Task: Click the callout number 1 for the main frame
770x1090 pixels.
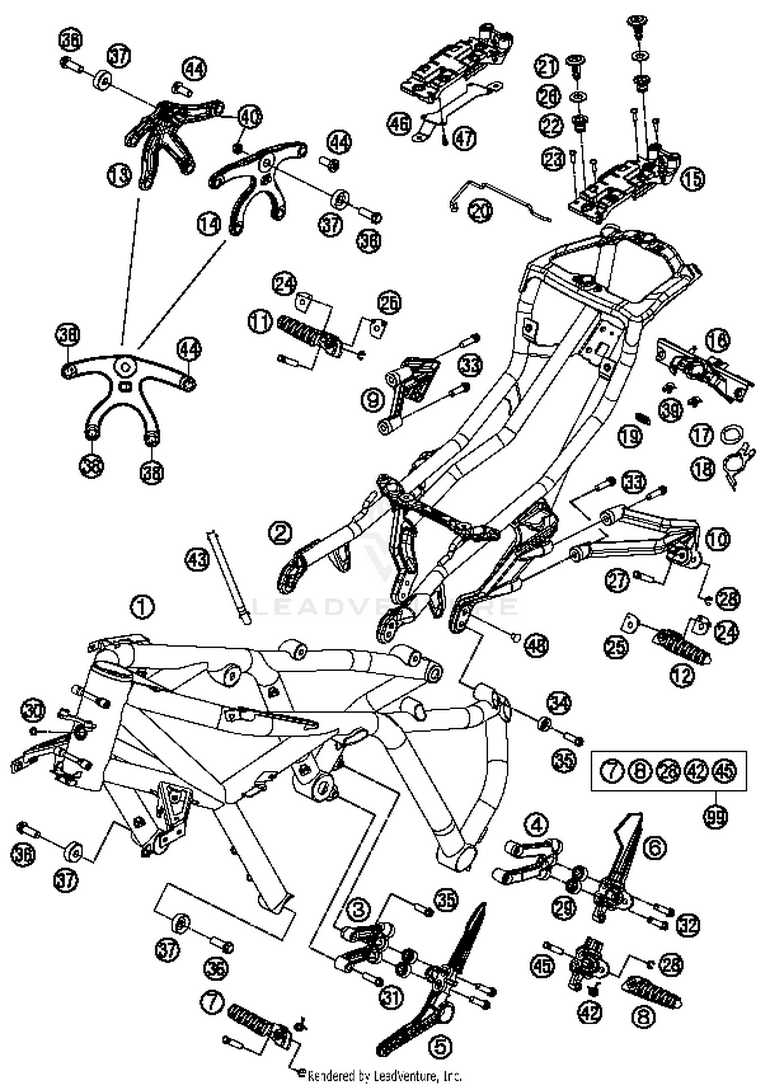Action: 143,607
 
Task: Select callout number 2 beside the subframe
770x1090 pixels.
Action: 280,532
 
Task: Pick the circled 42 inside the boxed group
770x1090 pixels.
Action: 697,771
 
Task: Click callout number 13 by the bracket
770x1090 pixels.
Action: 119,176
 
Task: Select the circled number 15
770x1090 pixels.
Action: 692,178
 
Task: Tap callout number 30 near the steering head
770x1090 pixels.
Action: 32,711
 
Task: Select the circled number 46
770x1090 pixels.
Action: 399,124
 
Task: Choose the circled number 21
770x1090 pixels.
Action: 547,66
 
